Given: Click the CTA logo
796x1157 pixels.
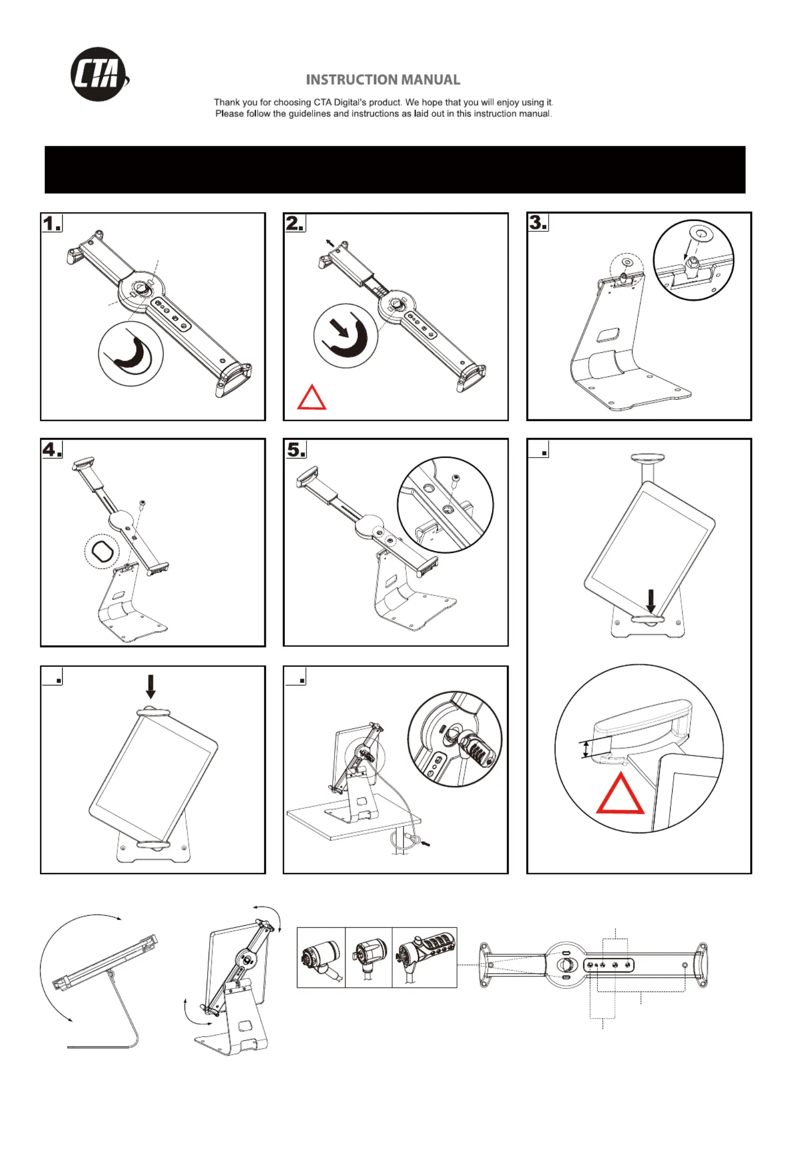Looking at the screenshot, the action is point(99,75).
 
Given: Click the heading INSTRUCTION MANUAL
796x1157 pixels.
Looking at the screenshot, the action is point(383,80).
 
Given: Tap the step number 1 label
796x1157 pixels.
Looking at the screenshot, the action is point(52,223).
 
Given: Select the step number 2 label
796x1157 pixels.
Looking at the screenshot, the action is point(295,223).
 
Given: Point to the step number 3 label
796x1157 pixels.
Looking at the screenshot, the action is point(538,222).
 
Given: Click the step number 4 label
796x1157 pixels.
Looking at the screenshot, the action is point(52,449).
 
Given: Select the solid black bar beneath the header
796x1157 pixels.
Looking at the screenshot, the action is point(395,170).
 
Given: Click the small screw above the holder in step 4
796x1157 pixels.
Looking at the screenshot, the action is point(143,503).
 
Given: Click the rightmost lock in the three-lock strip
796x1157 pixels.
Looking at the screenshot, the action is point(425,958).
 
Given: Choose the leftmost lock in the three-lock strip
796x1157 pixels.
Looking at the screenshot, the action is point(321,958).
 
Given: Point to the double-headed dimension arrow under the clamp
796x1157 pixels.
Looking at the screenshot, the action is point(585,750).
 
